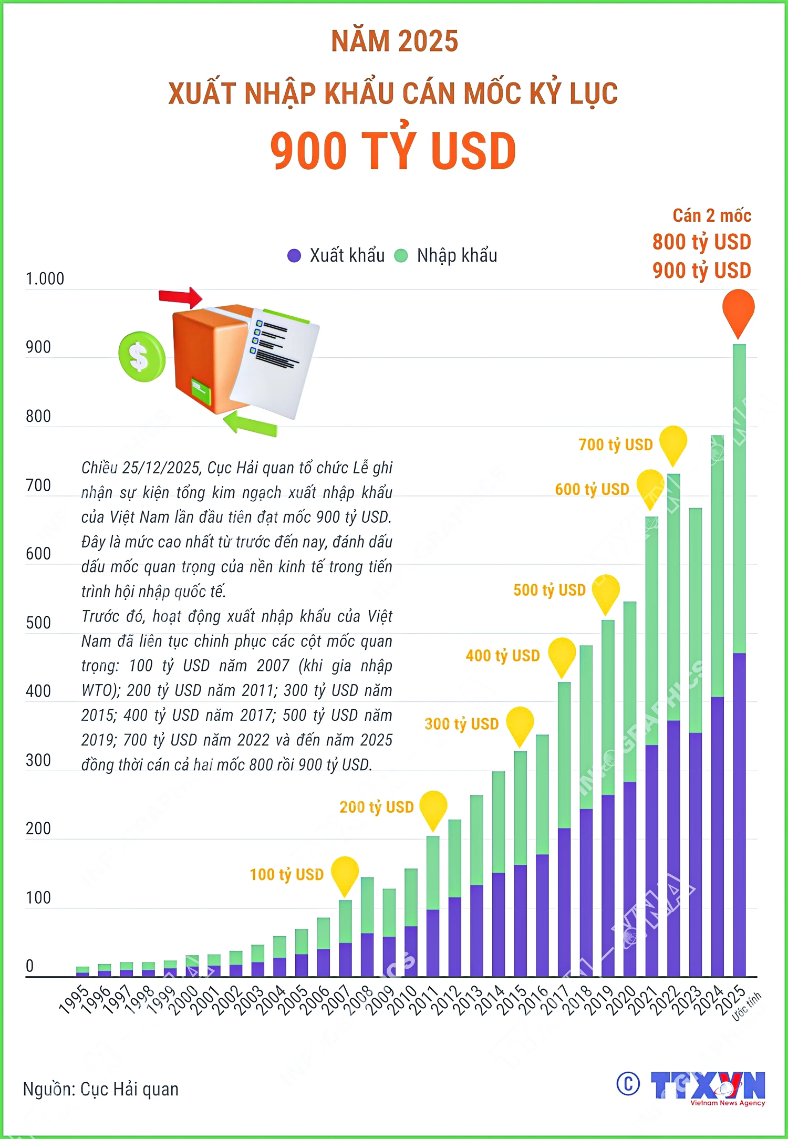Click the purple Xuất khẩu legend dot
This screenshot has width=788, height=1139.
click(294, 256)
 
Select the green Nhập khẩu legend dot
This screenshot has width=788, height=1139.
click(401, 256)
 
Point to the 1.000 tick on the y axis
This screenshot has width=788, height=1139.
click(45, 279)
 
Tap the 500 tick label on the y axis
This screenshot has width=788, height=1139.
click(38, 623)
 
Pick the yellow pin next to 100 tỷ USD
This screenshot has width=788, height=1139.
click(345, 873)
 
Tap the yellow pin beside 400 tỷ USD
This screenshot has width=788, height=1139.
click(562, 655)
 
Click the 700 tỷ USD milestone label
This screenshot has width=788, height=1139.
click(615, 445)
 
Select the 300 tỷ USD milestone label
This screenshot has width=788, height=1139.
click(461, 724)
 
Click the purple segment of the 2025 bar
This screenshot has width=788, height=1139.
click(739, 814)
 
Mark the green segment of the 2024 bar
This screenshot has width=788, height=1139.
click(717, 566)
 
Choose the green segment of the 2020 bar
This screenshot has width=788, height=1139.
click(629, 691)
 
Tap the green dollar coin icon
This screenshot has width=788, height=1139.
click(141, 357)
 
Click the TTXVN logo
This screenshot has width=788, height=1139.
click(707, 1086)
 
